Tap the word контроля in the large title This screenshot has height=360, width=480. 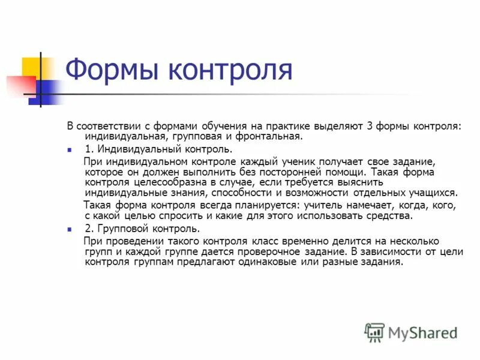[x=230, y=70]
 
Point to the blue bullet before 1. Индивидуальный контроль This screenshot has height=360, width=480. [x=70, y=149]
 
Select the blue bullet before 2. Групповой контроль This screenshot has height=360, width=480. [x=70, y=229]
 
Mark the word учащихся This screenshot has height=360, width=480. [x=430, y=193]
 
